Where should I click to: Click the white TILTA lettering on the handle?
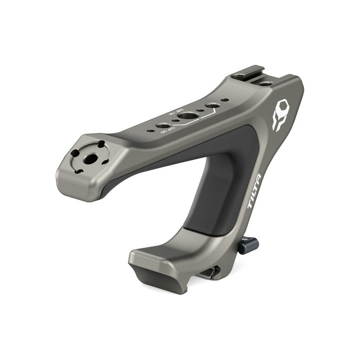[255, 190]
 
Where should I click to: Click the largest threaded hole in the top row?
[187, 115]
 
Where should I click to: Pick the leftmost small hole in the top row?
[149, 131]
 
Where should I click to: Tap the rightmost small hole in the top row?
[225, 100]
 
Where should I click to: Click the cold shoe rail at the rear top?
[249, 72]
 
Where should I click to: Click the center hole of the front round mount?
[91, 158]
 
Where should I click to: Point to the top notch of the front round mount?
[100, 145]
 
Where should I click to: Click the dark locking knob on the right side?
[248, 245]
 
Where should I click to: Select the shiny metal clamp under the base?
[210, 272]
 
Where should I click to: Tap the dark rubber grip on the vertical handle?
[220, 195]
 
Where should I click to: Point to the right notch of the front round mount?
[106, 161]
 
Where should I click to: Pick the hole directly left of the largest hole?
[163, 125]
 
